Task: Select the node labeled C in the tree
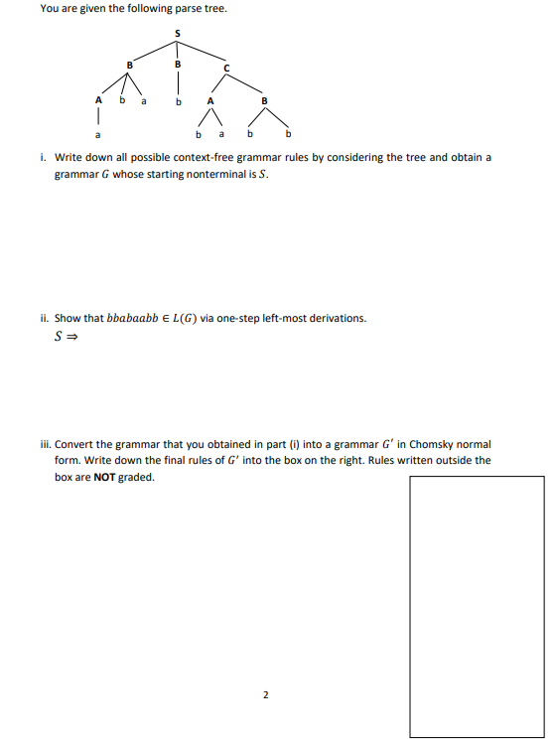pyautogui.click(x=225, y=68)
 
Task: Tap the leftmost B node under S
pyautogui.click(x=128, y=66)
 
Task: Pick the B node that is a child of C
pyautogui.click(x=264, y=99)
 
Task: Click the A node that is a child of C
pyautogui.click(x=208, y=99)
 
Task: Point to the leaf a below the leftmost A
pyautogui.click(x=97, y=132)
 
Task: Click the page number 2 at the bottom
pyautogui.click(x=265, y=694)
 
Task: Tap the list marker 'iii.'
pyautogui.click(x=46, y=444)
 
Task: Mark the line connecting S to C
pyautogui.click(x=203, y=53)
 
